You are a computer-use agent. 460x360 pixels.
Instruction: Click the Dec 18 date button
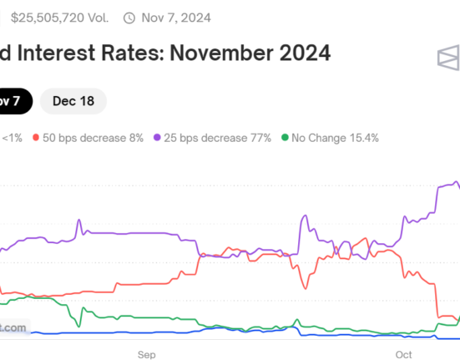click(73, 102)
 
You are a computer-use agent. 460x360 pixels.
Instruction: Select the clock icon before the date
click(129, 17)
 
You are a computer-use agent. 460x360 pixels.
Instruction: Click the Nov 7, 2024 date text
click(175, 17)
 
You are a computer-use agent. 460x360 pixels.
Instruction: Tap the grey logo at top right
click(448, 58)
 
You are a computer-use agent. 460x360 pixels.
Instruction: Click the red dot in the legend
click(37, 137)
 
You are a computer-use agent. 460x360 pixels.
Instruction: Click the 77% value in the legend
click(259, 137)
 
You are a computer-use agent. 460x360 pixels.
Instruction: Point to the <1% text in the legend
click(13, 137)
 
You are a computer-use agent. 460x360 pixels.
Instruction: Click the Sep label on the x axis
click(147, 354)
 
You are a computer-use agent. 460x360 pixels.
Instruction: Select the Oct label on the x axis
click(404, 354)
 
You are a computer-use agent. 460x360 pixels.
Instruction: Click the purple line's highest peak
click(456, 181)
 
